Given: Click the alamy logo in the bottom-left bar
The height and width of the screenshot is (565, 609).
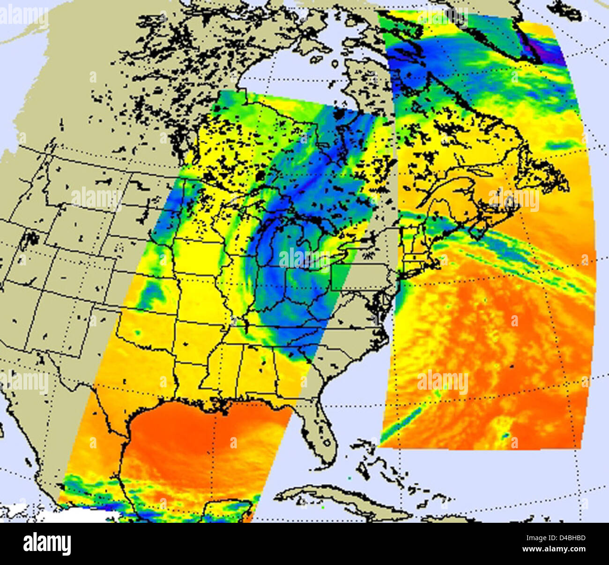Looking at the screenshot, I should coord(47,544).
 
